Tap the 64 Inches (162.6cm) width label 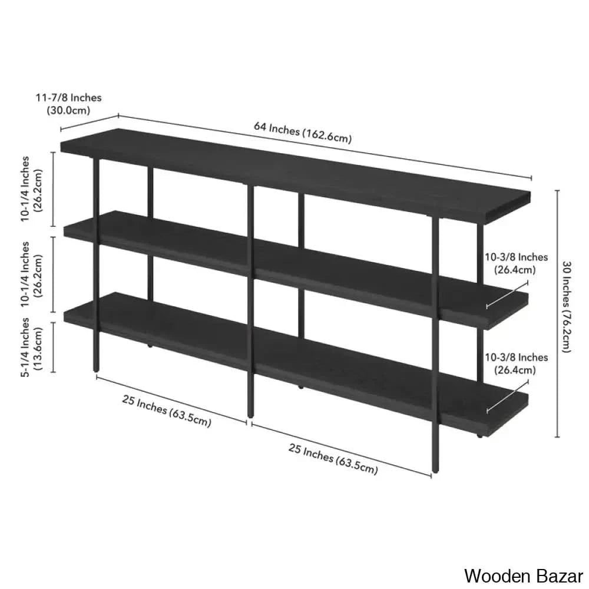pos(303,132)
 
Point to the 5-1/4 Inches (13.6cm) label pos(32,347)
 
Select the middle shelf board pos(296,270)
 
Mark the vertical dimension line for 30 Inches pos(557,314)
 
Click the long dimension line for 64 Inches pos(325,146)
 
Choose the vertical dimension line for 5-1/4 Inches pos(53,347)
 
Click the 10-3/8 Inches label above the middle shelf pos(516,263)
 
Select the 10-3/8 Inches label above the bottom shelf pos(516,363)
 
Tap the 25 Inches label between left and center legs pos(167,411)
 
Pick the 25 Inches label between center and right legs pos(333,458)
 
